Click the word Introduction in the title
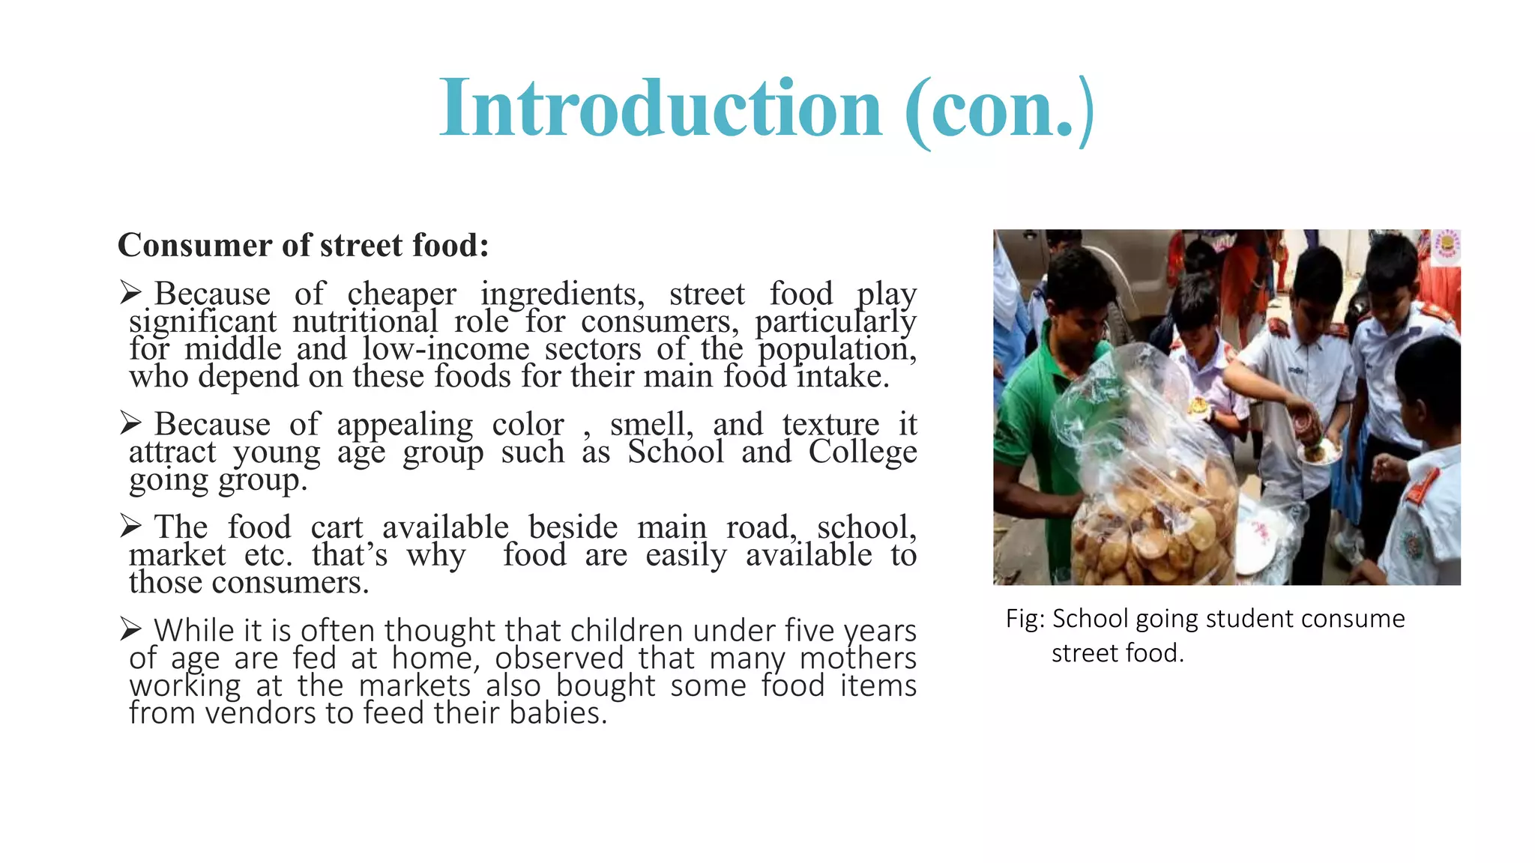pyautogui.click(x=660, y=109)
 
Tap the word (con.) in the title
pyautogui.click(x=1000, y=110)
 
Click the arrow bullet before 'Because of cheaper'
pyautogui.click(x=130, y=293)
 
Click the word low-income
pyautogui.click(x=446, y=349)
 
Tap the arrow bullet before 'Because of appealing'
pyautogui.click(x=130, y=423)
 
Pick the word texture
pyautogui.click(x=830, y=425)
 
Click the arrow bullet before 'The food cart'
pyautogui.click(x=130, y=527)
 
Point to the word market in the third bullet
pyautogui.click(x=177, y=555)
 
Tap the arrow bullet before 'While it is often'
pyautogui.click(x=130, y=630)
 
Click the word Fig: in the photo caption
pyautogui.click(x=1025, y=620)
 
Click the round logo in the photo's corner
pyautogui.click(x=1446, y=245)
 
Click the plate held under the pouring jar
pyautogui.click(x=1317, y=452)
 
